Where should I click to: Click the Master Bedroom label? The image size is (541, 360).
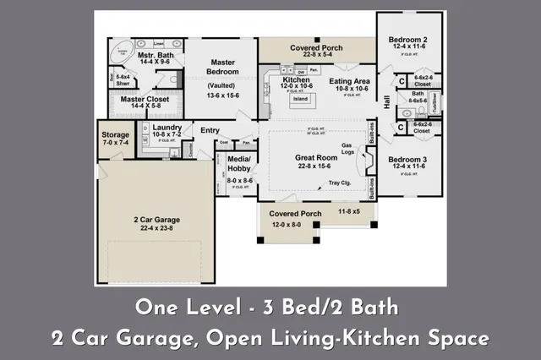[222, 67]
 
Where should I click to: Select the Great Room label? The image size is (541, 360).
[316, 158]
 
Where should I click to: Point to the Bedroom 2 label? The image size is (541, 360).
[407, 40]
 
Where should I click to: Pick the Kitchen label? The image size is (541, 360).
[285, 80]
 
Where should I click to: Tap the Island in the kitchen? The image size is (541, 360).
[299, 98]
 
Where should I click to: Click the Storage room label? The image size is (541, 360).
[115, 135]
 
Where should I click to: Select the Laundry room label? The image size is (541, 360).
[167, 128]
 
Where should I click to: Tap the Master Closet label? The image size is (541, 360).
[145, 100]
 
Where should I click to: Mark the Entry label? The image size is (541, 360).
[210, 129]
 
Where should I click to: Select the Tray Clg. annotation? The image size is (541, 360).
[339, 182]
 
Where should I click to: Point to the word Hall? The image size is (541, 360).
[387, 102]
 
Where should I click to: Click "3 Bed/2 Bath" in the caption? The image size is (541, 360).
[338, 304]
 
